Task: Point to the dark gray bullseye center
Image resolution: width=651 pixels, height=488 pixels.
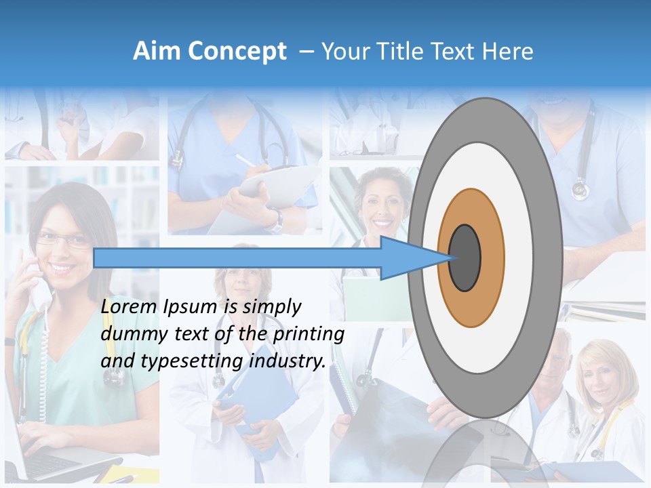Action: pyautogui.click(x=465, y=258)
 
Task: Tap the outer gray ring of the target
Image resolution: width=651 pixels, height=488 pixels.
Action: pyautogui.click(x=547, y=258)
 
